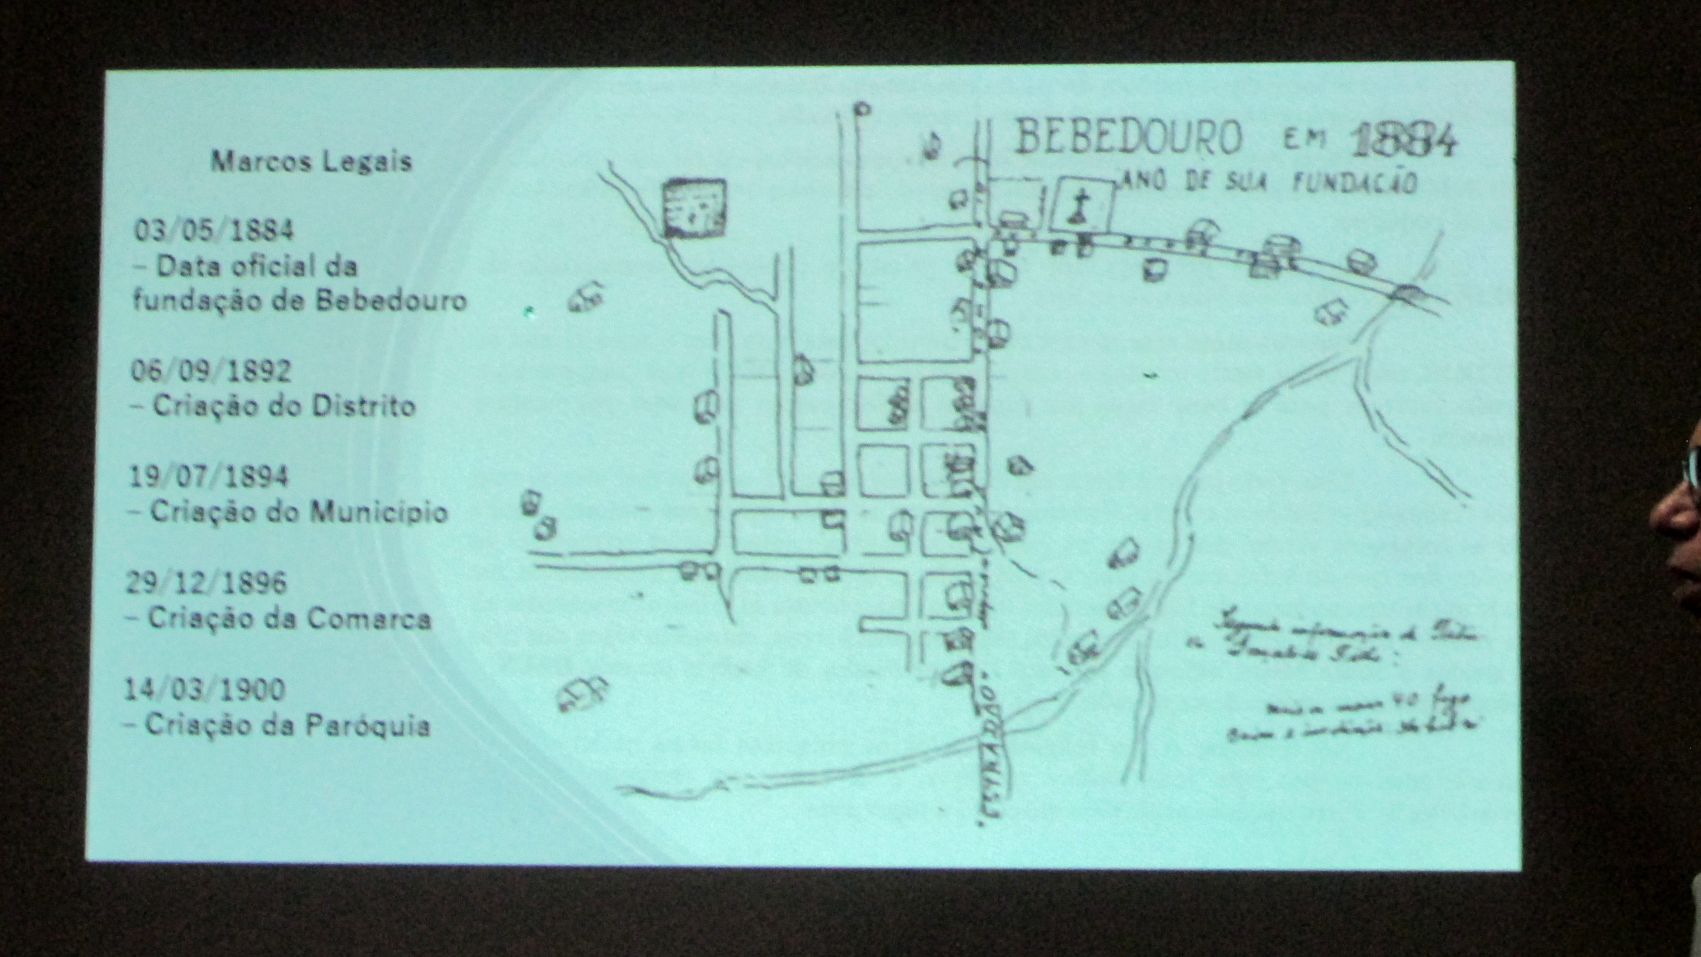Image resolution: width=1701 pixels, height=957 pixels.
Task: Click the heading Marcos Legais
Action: (311, 161)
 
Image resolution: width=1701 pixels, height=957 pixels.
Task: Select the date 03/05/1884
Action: (214, 230)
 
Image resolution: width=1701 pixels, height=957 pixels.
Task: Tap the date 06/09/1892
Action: (211, 371)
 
